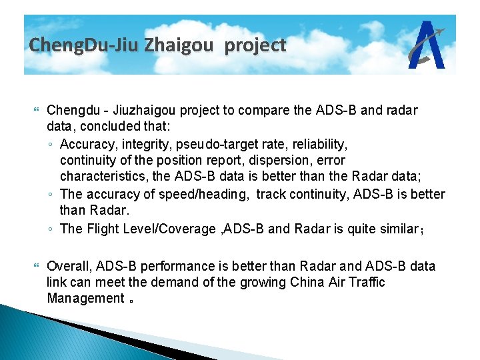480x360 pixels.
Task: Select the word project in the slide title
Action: pos(255,45)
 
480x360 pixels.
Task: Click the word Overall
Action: pos(70,266)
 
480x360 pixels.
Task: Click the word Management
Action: pos(85,298)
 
